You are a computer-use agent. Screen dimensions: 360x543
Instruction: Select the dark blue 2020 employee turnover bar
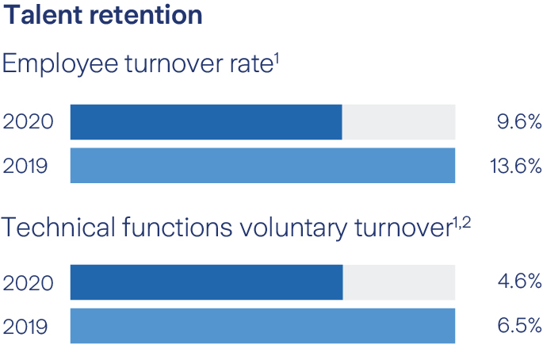click(x=206, y=122)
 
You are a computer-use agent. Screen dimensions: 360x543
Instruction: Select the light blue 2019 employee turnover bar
click(x=262, y=166)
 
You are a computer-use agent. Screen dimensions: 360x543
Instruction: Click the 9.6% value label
click(x=515, y=122)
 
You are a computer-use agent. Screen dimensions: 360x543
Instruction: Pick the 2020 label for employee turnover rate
click(x=29, y=122)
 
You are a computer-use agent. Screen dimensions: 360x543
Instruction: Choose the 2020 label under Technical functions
click(x=29, y=282)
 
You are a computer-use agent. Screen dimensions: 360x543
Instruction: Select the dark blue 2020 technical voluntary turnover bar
click(x=206, y=282)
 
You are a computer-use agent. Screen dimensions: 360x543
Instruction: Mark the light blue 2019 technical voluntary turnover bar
click(x=262, y=326)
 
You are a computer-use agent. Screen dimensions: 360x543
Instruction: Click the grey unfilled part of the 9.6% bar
click(x=399, y=122)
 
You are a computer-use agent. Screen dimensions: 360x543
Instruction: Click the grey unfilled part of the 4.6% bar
click(x=399, y=282)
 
